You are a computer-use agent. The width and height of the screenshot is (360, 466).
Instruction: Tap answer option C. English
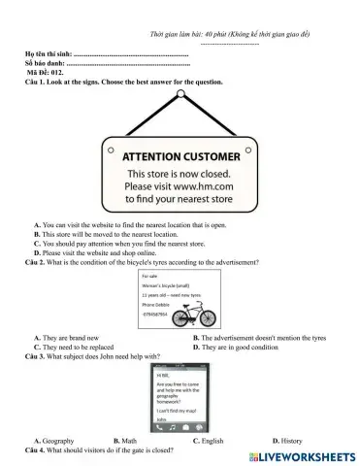click(x=208, y=442)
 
